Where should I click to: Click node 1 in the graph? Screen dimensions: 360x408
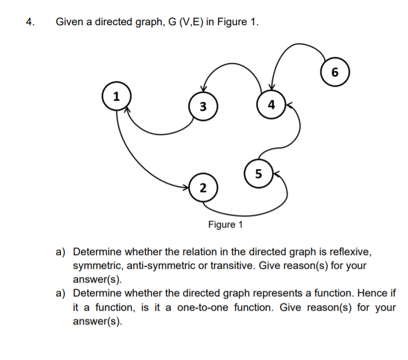tap(116, 96)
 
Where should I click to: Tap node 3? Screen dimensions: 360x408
tap(202, 107)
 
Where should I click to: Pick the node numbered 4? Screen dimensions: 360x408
tap(271, 104)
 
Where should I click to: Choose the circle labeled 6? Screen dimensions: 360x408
tap(335, 72)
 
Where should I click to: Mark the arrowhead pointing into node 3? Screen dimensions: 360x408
tap(202, 89)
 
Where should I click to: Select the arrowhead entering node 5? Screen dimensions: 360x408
tap(275, 173)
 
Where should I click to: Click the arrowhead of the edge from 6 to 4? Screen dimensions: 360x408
tap(273, 88)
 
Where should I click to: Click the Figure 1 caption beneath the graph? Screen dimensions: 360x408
tap(225, 224)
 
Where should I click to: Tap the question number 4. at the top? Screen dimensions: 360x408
tap(29, 22)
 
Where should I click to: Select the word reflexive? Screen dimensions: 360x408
tap(355, 252)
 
